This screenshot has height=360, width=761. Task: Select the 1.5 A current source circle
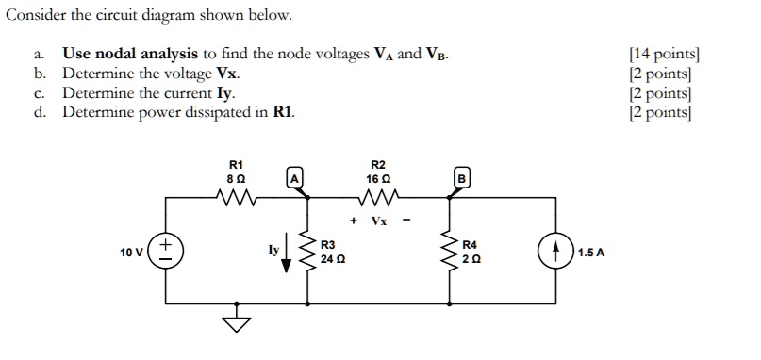554,253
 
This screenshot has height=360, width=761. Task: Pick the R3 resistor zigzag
307,252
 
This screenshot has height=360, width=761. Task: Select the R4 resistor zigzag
448,252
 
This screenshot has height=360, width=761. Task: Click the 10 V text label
133,253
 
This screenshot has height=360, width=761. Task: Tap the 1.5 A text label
591,253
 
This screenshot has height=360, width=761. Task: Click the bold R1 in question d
282,112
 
